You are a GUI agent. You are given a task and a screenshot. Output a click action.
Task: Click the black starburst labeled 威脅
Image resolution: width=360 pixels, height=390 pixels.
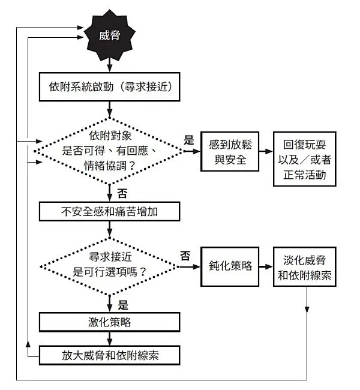click(110, 37)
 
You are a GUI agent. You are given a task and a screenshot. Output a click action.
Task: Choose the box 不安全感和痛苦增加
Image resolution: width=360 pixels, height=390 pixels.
click(110, 212)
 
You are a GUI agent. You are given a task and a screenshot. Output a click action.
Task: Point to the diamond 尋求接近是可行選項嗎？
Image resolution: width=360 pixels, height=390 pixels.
click(110, 264)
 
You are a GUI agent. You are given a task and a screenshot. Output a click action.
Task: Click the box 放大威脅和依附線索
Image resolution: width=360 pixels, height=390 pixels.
click(110, 355)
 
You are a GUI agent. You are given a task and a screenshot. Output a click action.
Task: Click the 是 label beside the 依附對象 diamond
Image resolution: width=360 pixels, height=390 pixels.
click(189, 141)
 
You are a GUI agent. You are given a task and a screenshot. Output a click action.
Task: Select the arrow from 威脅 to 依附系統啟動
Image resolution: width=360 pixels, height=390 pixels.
click(110, 65)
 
